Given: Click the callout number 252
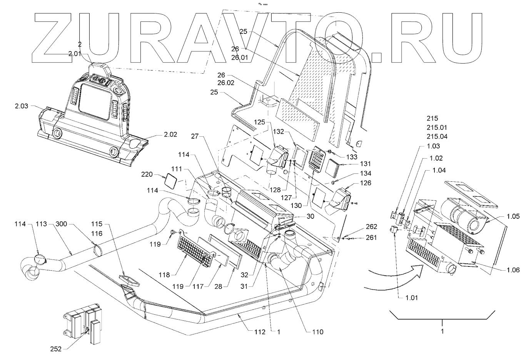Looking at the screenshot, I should click(56, 349).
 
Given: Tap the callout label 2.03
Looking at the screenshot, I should click(22, 105).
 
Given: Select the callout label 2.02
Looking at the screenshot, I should click(170, 135).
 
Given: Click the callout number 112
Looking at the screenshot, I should click(259, 332).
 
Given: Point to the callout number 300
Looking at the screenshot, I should click(63, 223).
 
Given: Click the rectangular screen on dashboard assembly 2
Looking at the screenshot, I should click(95, 101).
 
